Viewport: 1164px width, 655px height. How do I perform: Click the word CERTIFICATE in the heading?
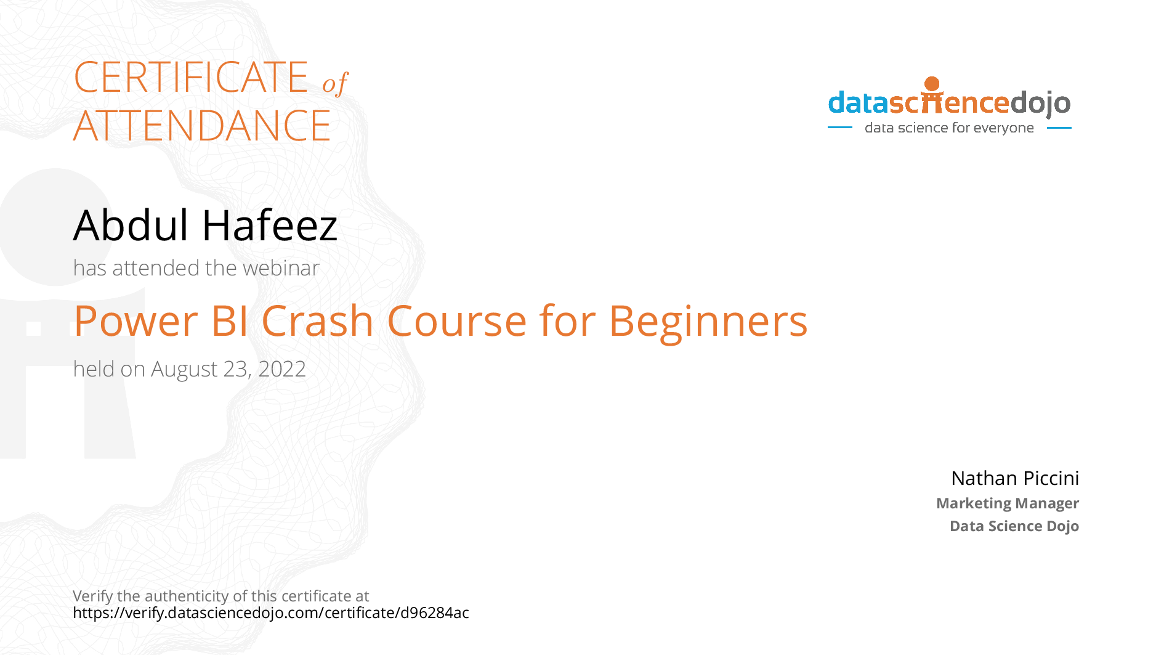pyautogui.click(x=190, y=78)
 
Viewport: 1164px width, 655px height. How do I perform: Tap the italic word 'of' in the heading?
pyautogui.click(x=335, y=83)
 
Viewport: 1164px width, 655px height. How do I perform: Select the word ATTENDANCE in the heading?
pyautogui.click(x=202, y=126)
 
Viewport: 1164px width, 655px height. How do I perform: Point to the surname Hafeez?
pyautogui.click(x=270, y=225)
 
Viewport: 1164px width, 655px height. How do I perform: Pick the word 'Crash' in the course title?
pyautogui.click(x=318, y=321)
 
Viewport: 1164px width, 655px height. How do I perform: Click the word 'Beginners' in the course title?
pyautogui.click(x=708, y=322)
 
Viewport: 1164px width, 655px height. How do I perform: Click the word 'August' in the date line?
pyautogui.click(x=184, y=370)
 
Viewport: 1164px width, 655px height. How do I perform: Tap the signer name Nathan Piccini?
pyautogui.click(x=1014, y=478)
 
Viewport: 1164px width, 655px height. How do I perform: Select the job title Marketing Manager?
pyautogui.click(x=1007, y=503)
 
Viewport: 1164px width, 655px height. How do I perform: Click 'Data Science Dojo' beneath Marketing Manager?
pyautogui.click(x=1014, y=526)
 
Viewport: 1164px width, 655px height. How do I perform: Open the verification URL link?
pyautogui.click(x=270, y=613)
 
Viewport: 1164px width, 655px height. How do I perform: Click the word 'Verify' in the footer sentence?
pyautogui.click(x=92, y=596)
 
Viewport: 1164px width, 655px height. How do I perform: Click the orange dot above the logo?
pyautogui.click(x=932, y=84)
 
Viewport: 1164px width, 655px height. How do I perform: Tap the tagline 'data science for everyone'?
pyautogui.click(x=949, y=128)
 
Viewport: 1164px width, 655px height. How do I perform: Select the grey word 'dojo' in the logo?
pyautogui.click(x=1040, y=104)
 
